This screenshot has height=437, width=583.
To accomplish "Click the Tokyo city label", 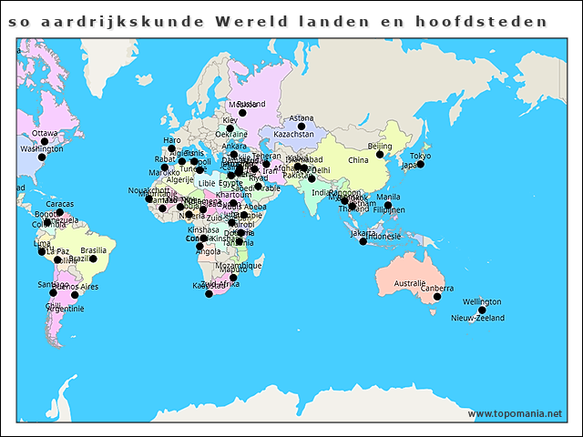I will coord(420,156).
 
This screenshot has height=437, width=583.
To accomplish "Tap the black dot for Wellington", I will coord(482,310).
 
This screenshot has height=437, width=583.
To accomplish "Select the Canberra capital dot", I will coord(437,298).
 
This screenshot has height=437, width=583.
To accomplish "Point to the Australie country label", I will coord(410,283).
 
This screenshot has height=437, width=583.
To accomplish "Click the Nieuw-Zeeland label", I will coord(477,318).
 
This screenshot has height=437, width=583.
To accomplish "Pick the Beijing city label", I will coord(379,146).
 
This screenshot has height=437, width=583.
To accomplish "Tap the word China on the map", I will coord(358,160).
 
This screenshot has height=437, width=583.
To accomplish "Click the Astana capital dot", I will coord(302,127).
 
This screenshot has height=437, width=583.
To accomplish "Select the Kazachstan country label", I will coord(293,135).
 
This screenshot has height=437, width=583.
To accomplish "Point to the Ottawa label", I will coord(45,133).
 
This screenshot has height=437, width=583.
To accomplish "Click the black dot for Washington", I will coord(41,157).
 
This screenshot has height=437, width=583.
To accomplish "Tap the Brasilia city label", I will coord(93,249).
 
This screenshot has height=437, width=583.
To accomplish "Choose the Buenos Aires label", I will coord(77,287).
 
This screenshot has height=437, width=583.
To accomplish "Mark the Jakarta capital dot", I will coord(363,241).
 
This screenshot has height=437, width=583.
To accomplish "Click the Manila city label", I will coord(388,197).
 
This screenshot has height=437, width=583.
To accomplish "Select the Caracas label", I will coord(60,203).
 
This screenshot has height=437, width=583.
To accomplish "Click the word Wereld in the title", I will coord(247,20).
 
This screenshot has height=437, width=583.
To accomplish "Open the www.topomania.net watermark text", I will coord(516,413).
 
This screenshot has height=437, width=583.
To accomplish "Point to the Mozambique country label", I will coord(240,266).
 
